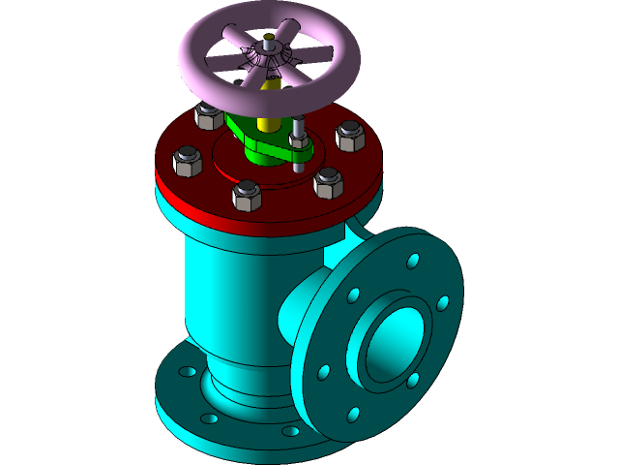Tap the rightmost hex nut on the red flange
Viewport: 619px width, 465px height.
pyautogui.click(x=350, y=136)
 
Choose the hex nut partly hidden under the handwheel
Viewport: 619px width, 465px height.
pyautogui.click(x=208, y=116)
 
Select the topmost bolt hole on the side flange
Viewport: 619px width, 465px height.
pyautogui.click(x=413, y=262)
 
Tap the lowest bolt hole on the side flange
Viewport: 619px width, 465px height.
pyautogui.click(x=353, y=415)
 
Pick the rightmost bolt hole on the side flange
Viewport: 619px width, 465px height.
pyautogui.click(x=443, y=303)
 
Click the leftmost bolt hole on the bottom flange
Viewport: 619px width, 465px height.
pyautogui.click(x=180, y=373)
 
